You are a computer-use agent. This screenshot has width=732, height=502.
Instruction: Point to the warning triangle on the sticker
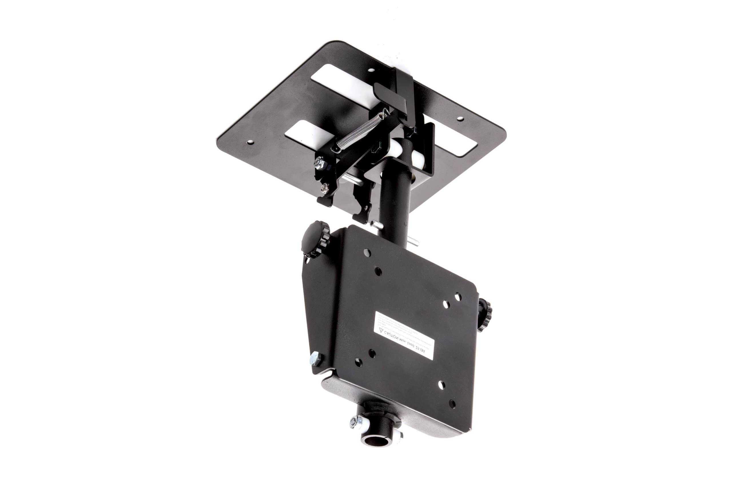[381, 331]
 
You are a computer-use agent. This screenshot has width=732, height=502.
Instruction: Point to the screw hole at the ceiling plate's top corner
[372, 71]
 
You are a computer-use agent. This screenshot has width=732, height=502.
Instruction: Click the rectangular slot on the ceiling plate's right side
[453, 143]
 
